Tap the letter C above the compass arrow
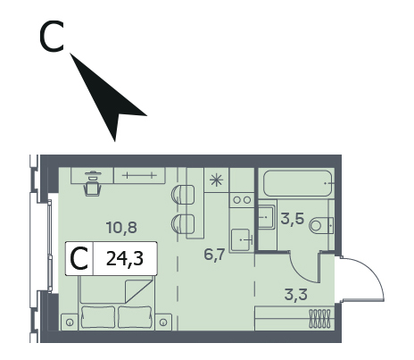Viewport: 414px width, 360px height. pyautogui.click(x=52, y=37)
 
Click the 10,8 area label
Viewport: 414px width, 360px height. pyautogui.click(x=121, y=228)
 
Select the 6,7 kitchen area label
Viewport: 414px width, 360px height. pyautogui.click(x=214, y=255)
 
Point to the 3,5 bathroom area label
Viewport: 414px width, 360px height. pyautogui.click(x=293, y=219)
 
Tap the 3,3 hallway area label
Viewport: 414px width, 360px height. pyautogui.click(x=296, y=295)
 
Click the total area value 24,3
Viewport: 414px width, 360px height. pyautogui.click(x=125, y=258)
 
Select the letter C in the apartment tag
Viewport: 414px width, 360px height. pyautogui.click(x=79, y=259)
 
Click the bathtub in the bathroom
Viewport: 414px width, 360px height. pyautogui.click(x=297, y=183)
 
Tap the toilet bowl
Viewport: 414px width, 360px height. pyautogui.click(x=320, y=225)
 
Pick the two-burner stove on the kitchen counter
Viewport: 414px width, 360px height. pyautogui.click(x=242, y=200)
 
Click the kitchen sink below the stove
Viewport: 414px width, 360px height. pyautogui.click(x=242, y=239)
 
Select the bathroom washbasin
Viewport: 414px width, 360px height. pyautogui.click(x=266, y=217)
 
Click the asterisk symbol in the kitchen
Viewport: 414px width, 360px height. pyautogui.click(x=216, y=180)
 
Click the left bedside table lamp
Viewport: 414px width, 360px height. pyautogui.click(x=70, y=322)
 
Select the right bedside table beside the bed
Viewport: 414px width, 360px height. pyautogui.click(x=163, y=322)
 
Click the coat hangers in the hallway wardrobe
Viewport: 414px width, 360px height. pyautogui.click(x=319, y=318)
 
